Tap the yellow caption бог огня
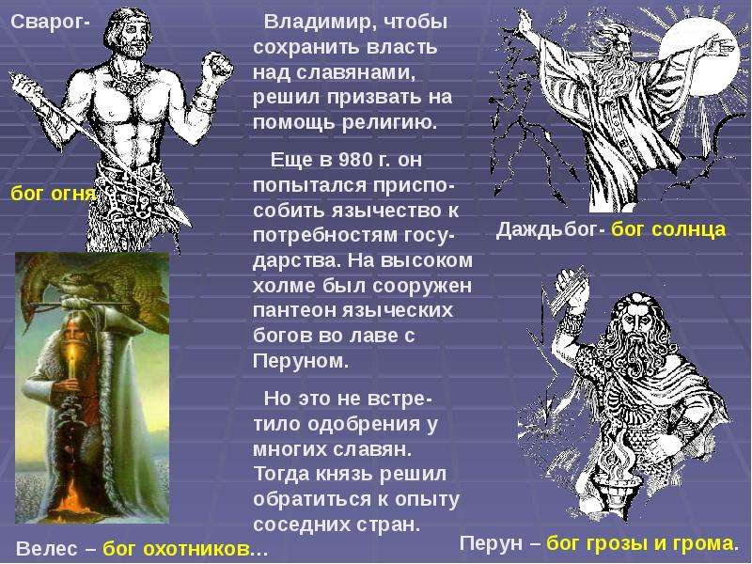pos(54,194)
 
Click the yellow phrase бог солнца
pos(668,229)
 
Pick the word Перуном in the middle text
pos(300,361)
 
